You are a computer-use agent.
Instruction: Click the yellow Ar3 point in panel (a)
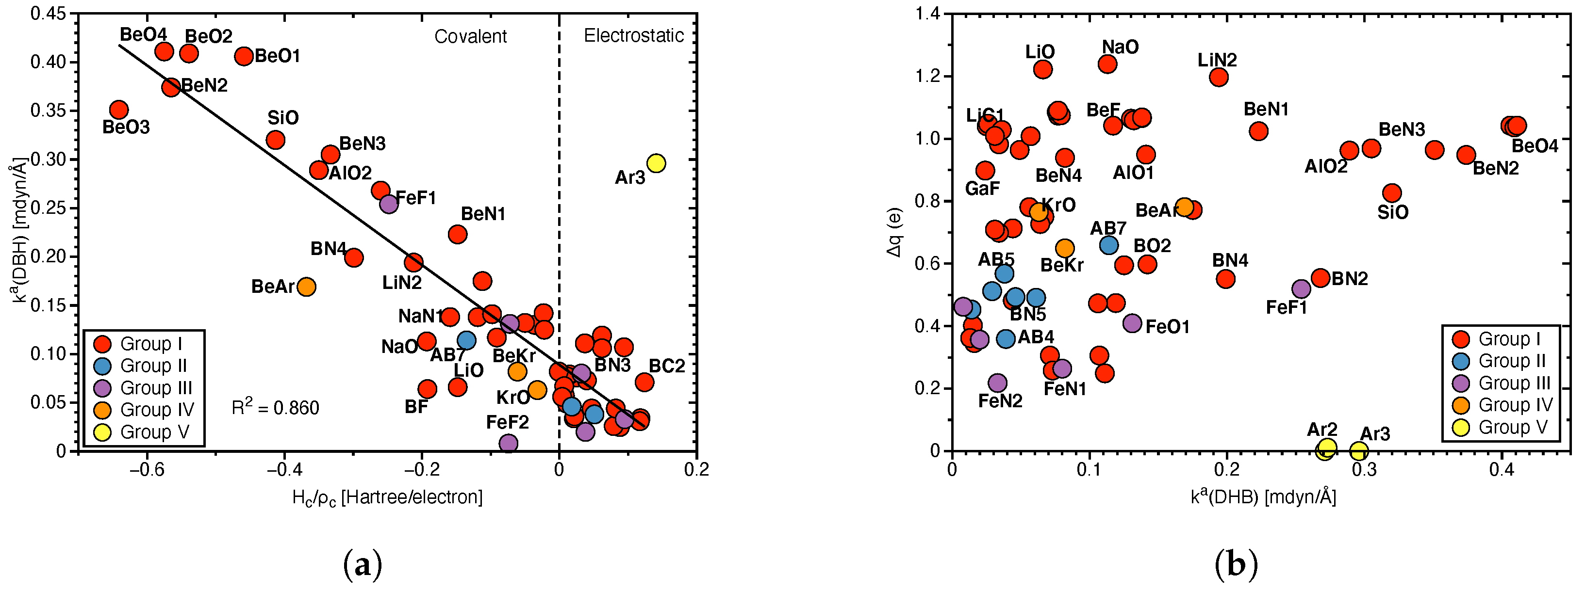pos(656,163)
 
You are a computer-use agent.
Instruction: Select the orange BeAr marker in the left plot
pos(306,287)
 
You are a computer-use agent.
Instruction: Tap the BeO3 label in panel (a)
pos(126,128)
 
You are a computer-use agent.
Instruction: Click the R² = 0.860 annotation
pos(275,407)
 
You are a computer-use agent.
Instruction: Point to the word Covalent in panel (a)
pos(470,36)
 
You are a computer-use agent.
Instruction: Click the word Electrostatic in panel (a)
pos(633,36)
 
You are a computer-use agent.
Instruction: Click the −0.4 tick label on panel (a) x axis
pos(284,470)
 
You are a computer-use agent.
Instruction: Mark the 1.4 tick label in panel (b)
pos(927,14)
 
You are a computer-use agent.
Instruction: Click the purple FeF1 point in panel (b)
pos(1301,289)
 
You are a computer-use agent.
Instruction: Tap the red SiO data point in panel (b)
pos(1392,193)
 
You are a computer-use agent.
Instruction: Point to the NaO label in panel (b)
pos(1120,47)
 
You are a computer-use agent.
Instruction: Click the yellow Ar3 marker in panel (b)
pos(1358,451)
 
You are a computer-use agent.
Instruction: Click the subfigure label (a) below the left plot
pos(363,564)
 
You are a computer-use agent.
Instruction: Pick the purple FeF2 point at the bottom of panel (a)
pos(508,443)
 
